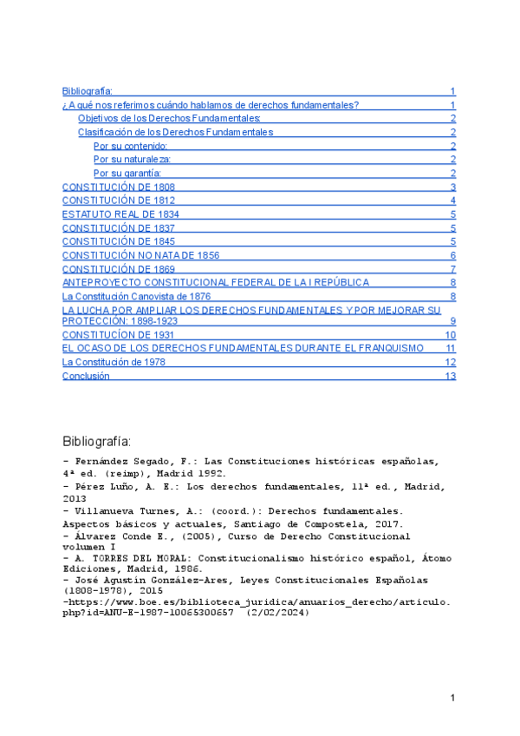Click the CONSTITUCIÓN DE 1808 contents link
119,187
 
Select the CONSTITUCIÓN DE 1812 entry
119,200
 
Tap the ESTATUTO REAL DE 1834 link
121,214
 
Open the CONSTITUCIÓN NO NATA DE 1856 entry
140,255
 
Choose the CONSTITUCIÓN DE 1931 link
119,334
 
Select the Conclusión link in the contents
86,376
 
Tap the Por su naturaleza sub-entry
132,160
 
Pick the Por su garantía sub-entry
127,174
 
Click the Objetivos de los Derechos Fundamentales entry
169,118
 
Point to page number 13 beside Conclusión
450,377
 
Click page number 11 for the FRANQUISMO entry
451,348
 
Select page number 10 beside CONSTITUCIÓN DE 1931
451,335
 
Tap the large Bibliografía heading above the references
98,438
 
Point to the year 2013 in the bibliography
75,499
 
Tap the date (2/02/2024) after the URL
280,612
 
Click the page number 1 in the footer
452,699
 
